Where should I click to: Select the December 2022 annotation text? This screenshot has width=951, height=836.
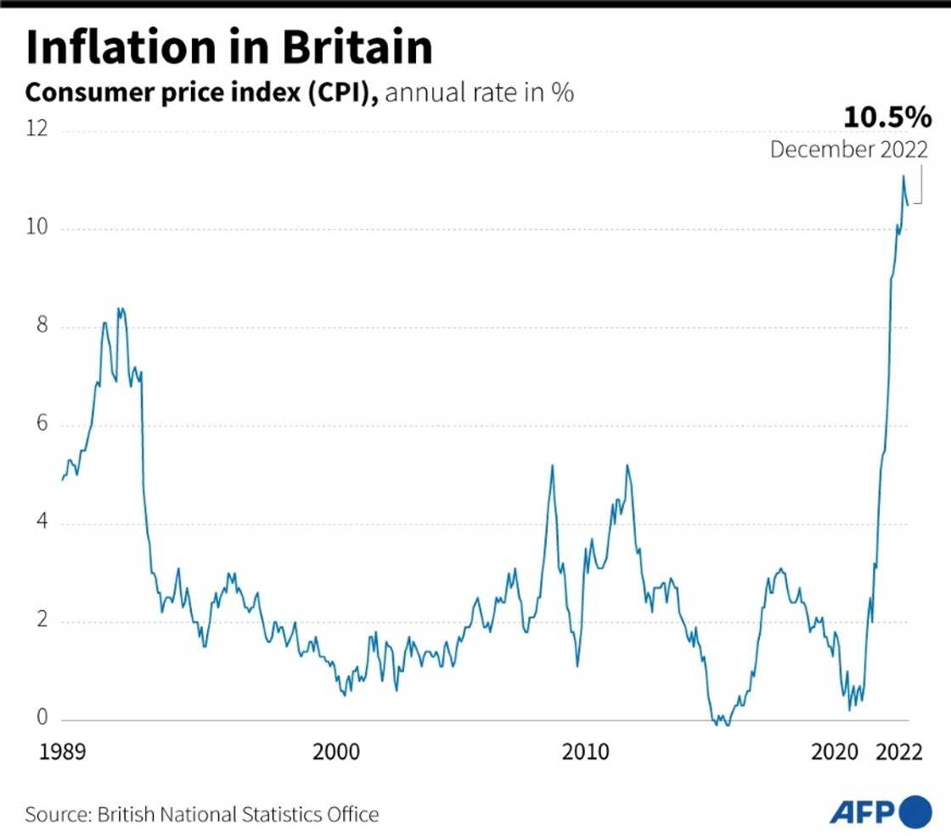[x=848, y=150]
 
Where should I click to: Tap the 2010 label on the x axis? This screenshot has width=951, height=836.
[x=586, y=752]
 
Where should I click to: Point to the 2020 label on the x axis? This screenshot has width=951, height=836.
[x=836, y=752]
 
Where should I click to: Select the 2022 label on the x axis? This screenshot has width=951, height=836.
[x=898, y=752]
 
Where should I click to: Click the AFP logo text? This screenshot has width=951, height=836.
[x=861, y=812]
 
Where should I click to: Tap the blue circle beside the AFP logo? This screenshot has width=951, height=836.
[x=914, y=812]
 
